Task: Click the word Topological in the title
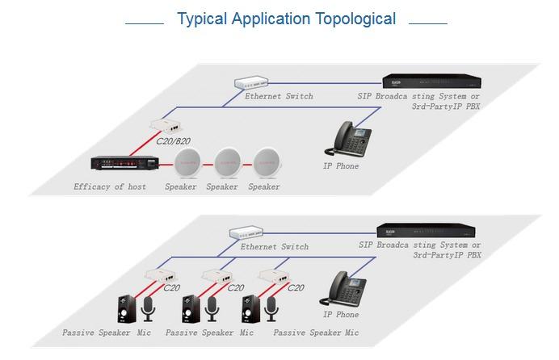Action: pos(348,19)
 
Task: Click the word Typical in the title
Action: pos(203,19)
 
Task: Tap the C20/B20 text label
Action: pos(170,141)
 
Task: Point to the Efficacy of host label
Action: pos(110,186)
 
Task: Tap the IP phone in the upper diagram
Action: pos(347,136)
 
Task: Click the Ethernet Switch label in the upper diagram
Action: pos(279,96)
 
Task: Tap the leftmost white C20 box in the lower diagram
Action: pos(156,274)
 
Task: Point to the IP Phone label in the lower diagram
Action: pos(340,315)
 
